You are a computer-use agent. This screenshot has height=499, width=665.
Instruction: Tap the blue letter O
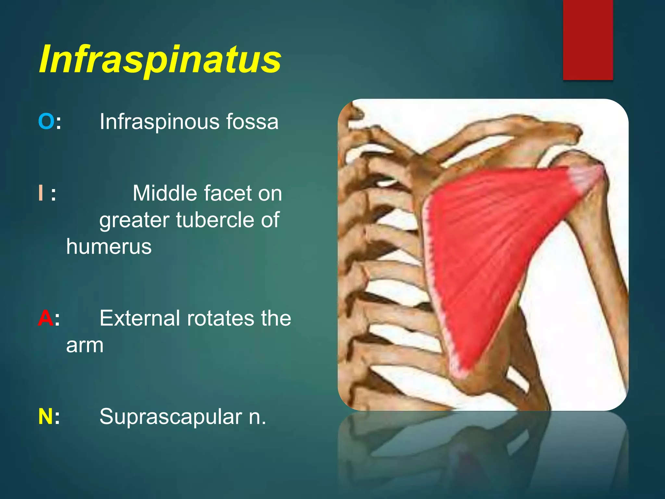pyautogui.click(x=46, y=122)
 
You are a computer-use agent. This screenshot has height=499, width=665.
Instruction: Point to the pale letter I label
pyautogui.click(x=41, y=193)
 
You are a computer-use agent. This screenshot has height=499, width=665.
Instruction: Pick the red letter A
pyautogui.click(x=45, y=318)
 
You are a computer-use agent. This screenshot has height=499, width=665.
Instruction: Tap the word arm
pyautogui.click(x=85, y=345)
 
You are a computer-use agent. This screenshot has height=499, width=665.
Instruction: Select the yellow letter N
pyautogui.click(x=45, y=416)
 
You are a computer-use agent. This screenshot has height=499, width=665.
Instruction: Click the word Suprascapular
pyautogui.click(x=171, y=417)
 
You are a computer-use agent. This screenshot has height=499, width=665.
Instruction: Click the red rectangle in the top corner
pyautogui.click(x=588, y=40)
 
